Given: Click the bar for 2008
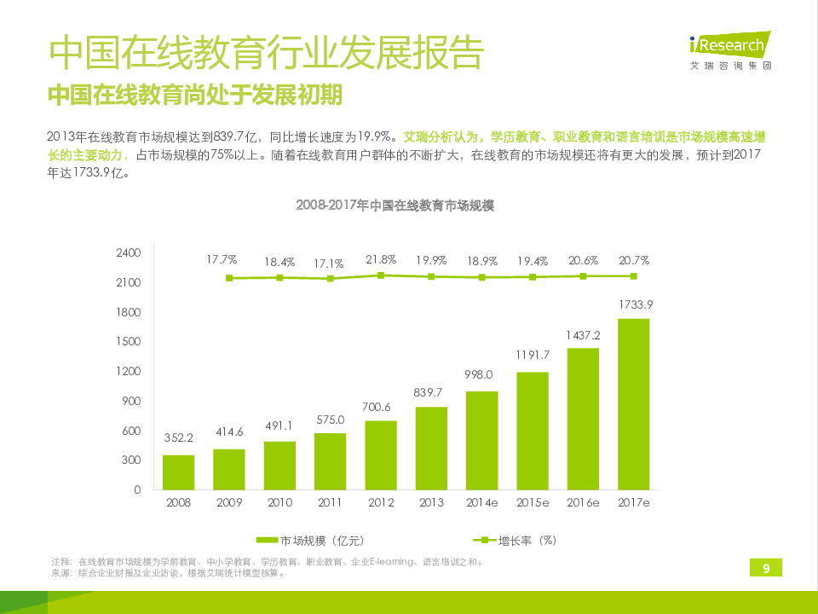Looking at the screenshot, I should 178,472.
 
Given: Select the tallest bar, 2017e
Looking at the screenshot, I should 633,404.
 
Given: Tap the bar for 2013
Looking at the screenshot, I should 431,448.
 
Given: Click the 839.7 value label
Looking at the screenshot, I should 431,392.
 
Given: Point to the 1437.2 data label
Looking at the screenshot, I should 584,335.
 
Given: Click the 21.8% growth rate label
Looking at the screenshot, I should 381,259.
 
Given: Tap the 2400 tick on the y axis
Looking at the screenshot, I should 128,253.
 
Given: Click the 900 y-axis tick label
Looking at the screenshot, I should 131,401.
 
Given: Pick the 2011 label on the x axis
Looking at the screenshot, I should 330,502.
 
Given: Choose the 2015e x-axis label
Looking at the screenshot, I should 533,502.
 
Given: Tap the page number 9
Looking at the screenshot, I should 766,569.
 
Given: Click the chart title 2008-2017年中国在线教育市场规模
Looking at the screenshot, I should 395,206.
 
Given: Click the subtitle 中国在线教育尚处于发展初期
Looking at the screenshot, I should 195,95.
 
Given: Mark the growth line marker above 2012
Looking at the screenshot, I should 381,275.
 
